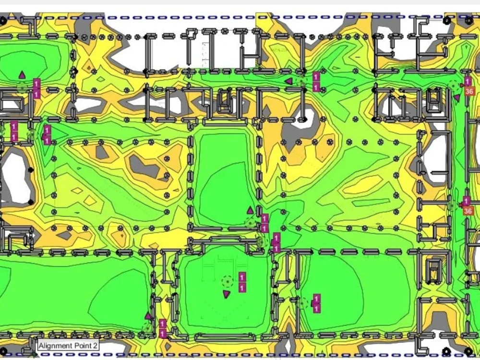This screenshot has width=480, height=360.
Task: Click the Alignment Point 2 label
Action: click(x=68, y=346)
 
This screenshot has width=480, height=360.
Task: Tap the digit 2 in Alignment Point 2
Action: click(x=96, y=346)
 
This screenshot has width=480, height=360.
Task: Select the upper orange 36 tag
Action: click(x=469, y=91)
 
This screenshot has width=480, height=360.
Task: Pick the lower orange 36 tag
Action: click(x=468, y=211)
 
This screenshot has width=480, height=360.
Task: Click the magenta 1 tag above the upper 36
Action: click(x=468, y=82)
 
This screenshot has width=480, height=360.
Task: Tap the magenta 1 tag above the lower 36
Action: click(x=467, y=201)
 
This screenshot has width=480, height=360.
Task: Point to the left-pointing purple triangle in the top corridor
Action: click(x=288, y=81)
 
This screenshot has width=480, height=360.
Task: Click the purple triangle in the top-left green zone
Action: click(x=22, y=74)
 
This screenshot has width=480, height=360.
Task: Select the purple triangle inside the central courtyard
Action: click(x=250, y=210)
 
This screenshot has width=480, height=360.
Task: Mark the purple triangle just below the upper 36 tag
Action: click(x=457, y=98)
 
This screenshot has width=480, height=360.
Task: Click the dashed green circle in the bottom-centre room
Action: click(x=227, y=281)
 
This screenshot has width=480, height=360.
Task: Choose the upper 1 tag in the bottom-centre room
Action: click(x=242, y=277)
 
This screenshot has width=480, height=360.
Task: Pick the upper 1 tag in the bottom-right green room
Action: click(x=317, y=299)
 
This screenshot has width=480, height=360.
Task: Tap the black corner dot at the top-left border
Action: click(x=3, y=21)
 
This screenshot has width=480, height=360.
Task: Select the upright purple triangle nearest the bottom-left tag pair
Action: click(x=148, y=315)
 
